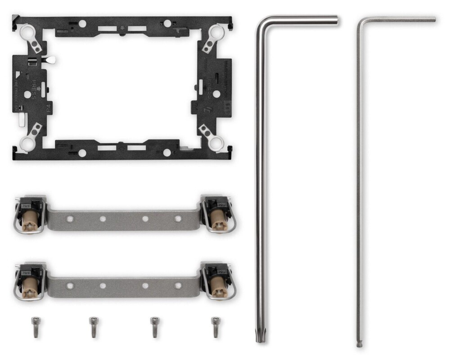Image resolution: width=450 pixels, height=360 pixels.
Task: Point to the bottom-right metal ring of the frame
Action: (x=216, y=144)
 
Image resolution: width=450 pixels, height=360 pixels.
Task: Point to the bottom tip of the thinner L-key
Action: (x=359, y=345)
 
